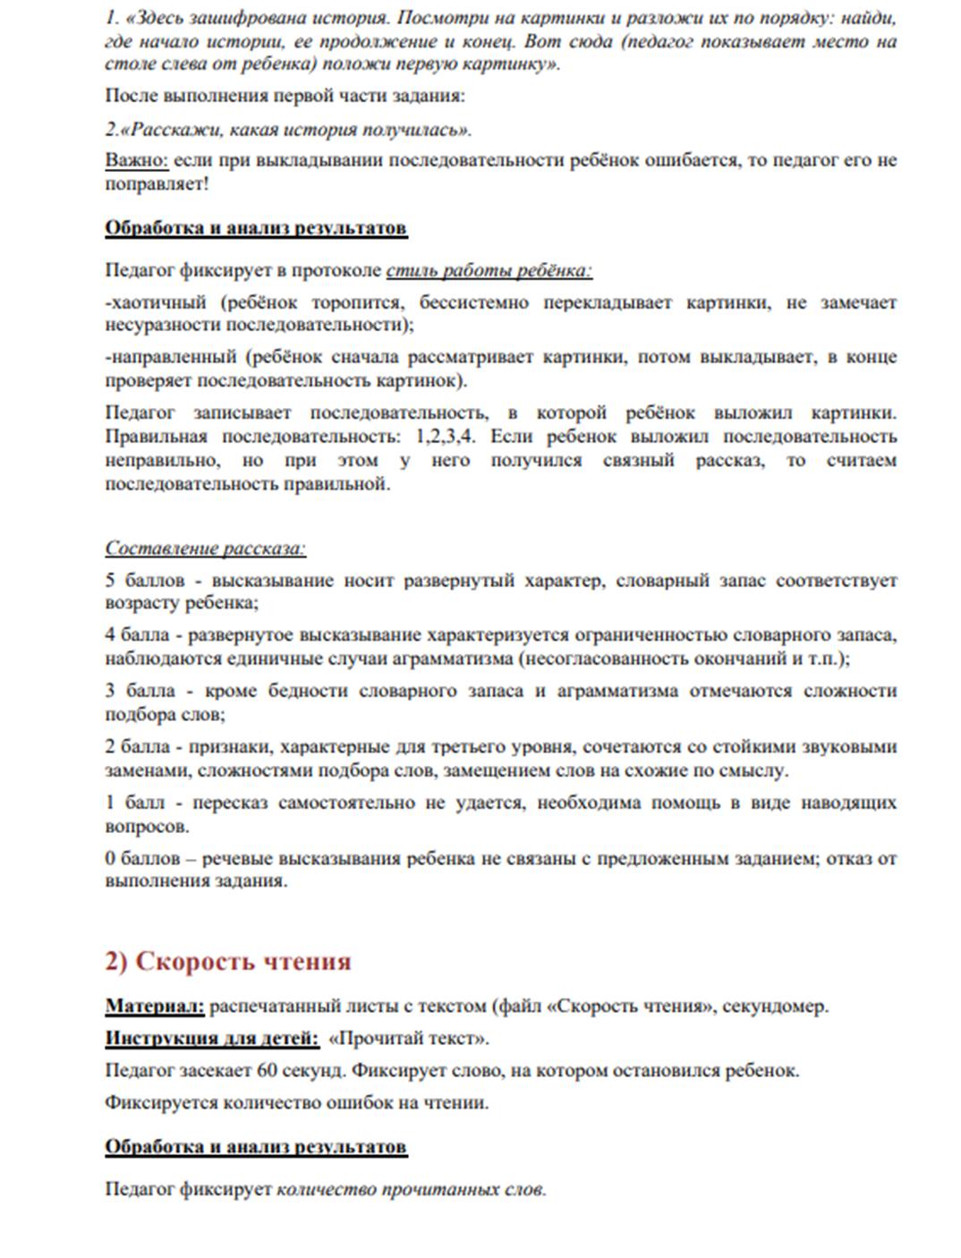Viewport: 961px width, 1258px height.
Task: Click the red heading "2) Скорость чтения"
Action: [228, 962]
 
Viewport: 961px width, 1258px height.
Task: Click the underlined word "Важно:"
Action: [136, 161]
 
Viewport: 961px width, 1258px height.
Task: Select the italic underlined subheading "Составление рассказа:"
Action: [205, 548]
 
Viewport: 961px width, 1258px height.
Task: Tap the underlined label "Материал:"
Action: [155, 1007]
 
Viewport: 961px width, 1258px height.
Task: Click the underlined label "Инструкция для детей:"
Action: [212, 1039]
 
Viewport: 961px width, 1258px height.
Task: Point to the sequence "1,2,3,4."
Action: [446, 437]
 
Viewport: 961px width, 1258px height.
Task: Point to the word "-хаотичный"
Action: [155, 302]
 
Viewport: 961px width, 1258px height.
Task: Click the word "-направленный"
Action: [170, 357]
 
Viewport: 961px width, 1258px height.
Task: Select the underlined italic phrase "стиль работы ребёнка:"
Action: [489, 270]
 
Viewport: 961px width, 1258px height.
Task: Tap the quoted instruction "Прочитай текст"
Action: [409, 1039]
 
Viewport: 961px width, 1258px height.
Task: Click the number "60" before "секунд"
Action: [267, 1070]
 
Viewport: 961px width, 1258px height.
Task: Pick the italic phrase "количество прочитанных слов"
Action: [409, 1190]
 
